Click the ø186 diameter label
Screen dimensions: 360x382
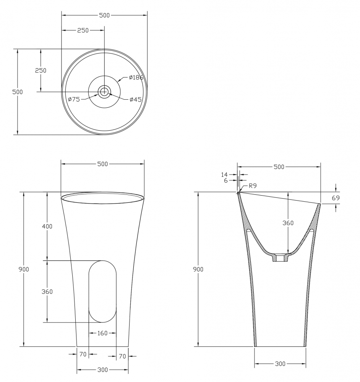(x=136, y=78)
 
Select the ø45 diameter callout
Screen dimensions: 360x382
(x=136, y=99)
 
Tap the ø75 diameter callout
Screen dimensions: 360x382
(x=74, y=99)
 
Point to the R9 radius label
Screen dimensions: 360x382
(x=253, y=186)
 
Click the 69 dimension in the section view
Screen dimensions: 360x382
(x=336, y=198)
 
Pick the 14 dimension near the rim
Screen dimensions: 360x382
(x=224, y=175)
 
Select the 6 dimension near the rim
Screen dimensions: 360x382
(x=226, y=181)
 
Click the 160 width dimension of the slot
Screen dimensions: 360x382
(x=102, y=333)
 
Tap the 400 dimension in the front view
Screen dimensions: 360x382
(x=47, y=226)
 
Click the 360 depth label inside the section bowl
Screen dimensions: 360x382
(x=288, y=223)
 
